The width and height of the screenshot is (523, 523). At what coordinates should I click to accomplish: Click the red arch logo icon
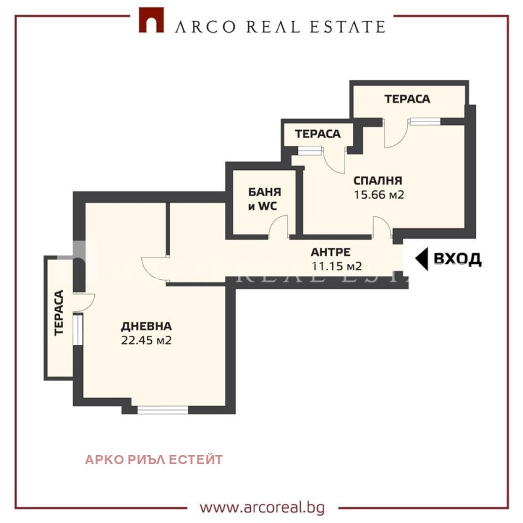click(x=152, y=20)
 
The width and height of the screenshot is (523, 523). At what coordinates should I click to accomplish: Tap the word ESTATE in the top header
click(x=348, y=27)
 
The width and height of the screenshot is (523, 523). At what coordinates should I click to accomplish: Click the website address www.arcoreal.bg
click(x=262, y=508)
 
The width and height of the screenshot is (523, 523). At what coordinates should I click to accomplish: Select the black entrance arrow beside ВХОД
click(x=422, y=258)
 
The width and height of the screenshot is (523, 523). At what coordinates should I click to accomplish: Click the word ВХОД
click(x=457, y=259)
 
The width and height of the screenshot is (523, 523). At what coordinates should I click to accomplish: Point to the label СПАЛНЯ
click(x=378, y=180)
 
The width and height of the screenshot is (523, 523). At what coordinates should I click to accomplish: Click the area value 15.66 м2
click(x=379, y=194)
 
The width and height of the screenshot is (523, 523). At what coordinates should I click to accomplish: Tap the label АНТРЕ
click(x=331, y=252)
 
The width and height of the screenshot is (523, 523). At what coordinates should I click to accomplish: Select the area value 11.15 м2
click(x=337, y=266)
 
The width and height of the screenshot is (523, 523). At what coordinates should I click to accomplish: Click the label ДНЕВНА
click(x=146, y=326)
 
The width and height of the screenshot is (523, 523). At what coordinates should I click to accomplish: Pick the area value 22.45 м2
click(x=146, y=340)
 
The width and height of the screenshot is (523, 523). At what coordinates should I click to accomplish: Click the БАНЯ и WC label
click(x=265, y=199)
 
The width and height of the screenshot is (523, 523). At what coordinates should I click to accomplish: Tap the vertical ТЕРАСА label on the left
click(x=59, y=313)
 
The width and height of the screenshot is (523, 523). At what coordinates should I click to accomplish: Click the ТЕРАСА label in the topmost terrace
click(x=407, y=99)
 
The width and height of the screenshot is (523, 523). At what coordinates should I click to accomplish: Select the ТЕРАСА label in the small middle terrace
click(x=318, y=134)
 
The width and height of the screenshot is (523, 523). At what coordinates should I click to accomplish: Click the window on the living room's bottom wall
click(x=163, y=410)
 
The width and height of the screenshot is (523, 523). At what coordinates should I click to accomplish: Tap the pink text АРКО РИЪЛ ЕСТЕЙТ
click(x=154, y=460)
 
